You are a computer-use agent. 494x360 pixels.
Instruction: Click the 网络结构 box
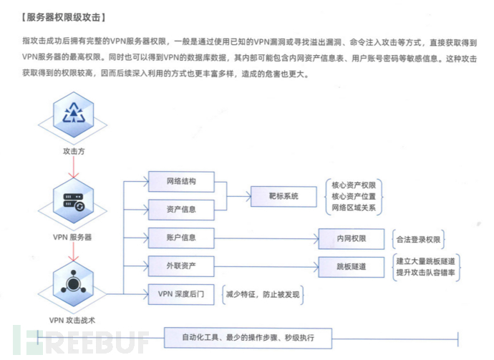pos(181,182)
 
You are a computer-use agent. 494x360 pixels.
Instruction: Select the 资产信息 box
pos(181,210)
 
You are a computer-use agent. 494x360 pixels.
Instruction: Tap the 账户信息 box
pos(181,238)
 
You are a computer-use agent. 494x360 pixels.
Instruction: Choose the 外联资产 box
pos(181,266)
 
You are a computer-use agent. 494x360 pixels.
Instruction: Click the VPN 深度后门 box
pos(181,293)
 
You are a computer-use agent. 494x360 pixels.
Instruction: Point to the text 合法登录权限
pos(419,238)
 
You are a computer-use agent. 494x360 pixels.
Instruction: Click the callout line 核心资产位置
pos(354,196)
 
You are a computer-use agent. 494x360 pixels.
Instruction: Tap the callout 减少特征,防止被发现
pos(262,293)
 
